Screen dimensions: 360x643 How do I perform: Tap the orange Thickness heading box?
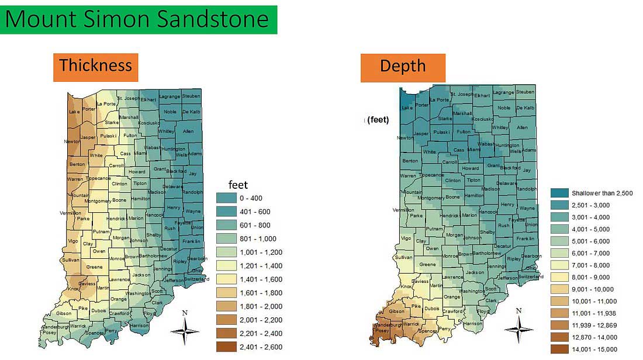[96, 65]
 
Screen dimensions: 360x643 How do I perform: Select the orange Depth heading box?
[403, 66]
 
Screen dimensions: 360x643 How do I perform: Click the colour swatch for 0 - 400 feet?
[226, 198]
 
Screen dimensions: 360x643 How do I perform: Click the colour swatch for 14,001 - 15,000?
[560, 349]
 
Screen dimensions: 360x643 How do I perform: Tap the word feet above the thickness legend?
[238, 185]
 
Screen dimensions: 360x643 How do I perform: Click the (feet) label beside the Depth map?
[379, 120]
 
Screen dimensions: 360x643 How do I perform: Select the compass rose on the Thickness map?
[185, 330]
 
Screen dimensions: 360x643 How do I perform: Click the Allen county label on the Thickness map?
[188, 131]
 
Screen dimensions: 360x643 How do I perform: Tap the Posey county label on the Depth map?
[382, 331]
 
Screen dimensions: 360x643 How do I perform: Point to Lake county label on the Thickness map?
[74, 112]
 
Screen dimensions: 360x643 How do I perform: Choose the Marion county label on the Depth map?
[469, 215]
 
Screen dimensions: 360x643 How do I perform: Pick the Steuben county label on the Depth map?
[525, 92]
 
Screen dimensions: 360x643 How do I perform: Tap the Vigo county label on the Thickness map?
[73, 241]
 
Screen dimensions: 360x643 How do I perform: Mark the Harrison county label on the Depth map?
[473, 323]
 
